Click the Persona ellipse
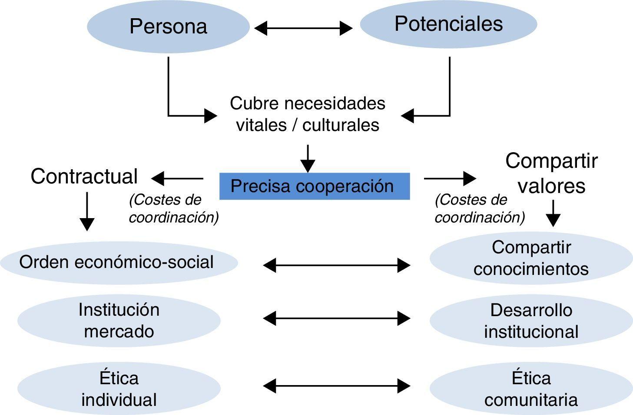(168, 27)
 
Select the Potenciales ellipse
(448, 24)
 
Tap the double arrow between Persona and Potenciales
(303, 29)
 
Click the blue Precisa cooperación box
(314, 186)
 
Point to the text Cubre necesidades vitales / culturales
(308, 114)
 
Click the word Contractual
(84, 176)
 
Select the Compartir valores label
(551, 173)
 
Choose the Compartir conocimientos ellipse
(531, 258)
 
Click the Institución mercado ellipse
(119, 320)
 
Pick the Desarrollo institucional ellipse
(531, 321)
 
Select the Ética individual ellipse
(119, 389)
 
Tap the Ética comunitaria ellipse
(531, 389)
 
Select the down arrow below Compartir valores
(553, 213)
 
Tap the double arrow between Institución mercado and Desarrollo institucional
(337, 319)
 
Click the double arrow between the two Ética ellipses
(337, 386)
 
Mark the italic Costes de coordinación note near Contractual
(173, 209)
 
